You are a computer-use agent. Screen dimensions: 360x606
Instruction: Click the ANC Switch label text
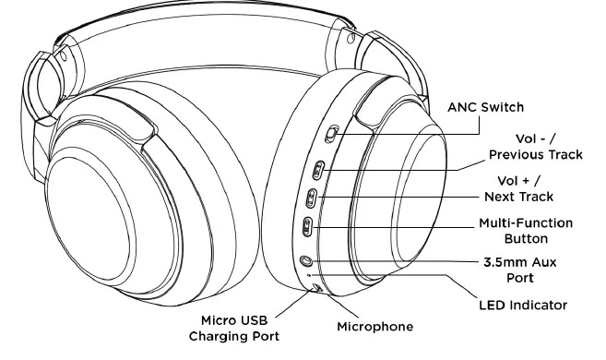(x=485, y=107)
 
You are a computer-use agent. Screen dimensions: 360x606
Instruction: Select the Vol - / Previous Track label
(x=536, y=145)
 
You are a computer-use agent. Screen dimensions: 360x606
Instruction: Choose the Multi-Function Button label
(x=526, y=231)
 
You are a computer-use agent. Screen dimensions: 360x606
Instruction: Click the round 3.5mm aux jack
(x=305, y=259)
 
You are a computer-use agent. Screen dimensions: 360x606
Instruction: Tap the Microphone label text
(x=374, y=327)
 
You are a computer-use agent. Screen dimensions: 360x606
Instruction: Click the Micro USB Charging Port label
(x=234, y=328)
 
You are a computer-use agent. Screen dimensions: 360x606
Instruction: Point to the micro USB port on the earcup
(x=316, y=288)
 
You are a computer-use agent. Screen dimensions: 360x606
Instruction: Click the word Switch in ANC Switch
(x=503, y=107)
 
